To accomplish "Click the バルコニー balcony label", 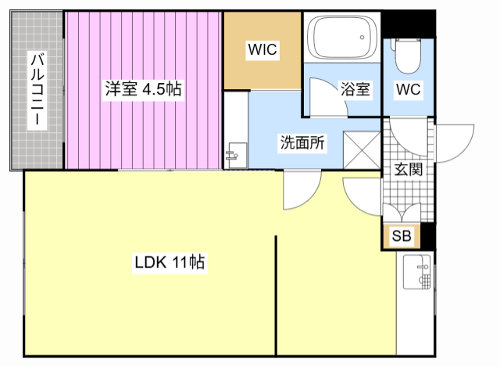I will pos(36,90).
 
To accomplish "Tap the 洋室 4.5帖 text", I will pos(144,89).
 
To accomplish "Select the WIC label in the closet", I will pos(262,50).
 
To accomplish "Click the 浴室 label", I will pos(355,89).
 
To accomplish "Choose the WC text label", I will pos(407,89).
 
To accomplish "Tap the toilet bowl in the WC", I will pos(407,55).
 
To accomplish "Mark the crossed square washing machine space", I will pos(360,148).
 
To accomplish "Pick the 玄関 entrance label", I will pos(408,169).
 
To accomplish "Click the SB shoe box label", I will pos(402,236).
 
